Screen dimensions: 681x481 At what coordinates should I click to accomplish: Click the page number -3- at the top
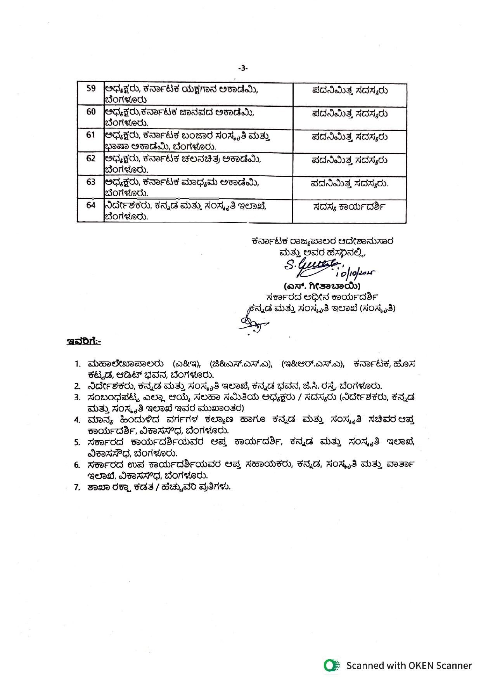pos(242,68)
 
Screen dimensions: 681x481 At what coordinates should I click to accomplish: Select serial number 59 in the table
pos(91,89)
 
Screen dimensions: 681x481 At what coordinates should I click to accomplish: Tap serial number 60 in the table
pos(91,112)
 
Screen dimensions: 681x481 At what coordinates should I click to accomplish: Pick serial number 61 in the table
pos(91,135)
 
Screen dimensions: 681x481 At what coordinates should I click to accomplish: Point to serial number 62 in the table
pos(91,158)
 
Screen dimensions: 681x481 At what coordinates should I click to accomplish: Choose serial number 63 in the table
pos(91,182)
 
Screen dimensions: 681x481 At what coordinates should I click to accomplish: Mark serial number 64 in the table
pos(91,205)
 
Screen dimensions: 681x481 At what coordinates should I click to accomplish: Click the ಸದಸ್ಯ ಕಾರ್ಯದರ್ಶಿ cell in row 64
pos(349,207)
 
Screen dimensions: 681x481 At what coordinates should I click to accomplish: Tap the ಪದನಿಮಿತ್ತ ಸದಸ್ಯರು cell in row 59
pos(350,90)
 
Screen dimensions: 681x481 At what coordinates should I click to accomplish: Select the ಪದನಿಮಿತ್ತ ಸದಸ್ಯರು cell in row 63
pos(350,184)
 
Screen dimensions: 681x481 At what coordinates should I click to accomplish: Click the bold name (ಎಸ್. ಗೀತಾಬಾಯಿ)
pos(322,287)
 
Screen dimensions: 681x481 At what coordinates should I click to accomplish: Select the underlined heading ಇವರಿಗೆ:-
pos(84,342)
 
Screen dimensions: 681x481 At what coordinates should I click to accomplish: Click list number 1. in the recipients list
pos(78,364)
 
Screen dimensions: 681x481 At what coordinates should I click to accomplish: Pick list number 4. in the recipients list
pos(77,420)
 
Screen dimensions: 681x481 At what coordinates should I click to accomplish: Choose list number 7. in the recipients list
pos(77,487)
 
